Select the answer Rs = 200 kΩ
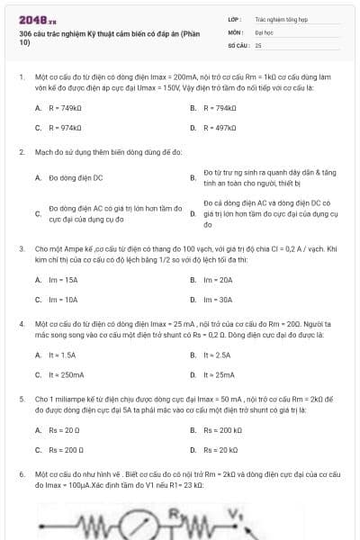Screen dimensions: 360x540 222,430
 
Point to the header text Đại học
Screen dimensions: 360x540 264,31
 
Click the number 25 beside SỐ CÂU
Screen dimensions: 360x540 258,44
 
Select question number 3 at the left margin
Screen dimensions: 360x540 22,247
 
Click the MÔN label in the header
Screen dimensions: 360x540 235,31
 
